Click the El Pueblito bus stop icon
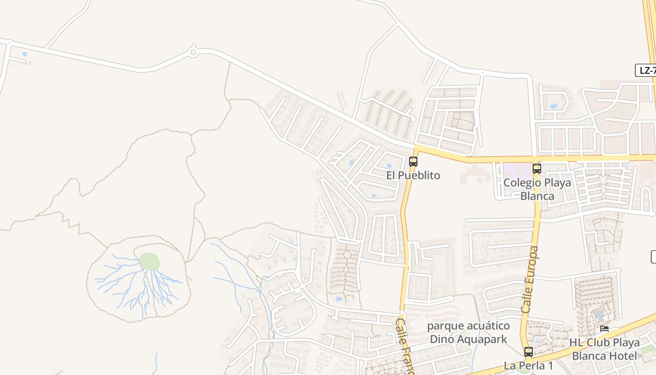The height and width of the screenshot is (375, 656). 413,162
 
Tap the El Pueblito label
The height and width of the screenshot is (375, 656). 413,175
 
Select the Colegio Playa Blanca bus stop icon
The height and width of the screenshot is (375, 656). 537,169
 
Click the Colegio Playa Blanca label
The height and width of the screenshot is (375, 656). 537,189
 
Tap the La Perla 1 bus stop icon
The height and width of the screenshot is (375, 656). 529,352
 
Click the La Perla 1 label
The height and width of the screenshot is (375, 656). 529,365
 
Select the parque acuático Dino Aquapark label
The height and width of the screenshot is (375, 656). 469,332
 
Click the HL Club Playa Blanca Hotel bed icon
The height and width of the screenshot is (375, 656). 604,329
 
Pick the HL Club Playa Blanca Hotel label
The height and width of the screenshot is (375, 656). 604,349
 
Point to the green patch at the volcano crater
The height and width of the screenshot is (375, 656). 150,262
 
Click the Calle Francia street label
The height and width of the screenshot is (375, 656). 405,347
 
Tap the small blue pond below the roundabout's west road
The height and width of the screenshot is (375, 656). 24,54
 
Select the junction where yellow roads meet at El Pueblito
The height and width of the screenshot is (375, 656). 416,149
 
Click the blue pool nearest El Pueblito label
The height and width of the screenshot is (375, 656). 389,165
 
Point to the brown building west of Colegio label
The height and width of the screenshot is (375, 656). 474,174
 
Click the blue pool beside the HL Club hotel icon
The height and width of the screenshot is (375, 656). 600,317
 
